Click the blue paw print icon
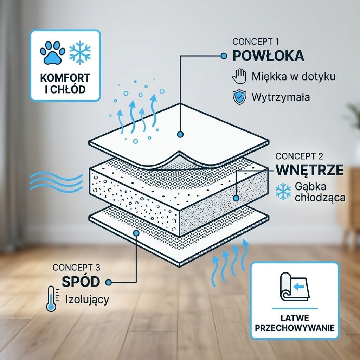click(x=52, y=53)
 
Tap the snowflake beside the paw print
click(x=80, y=53)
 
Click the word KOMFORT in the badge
click(x=65, y=78)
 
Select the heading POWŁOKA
click(x=268, y=56)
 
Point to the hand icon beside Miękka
click(x=239, y=76)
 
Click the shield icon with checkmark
click(x=239, y=97)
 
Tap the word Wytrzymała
click(x=281, y=97)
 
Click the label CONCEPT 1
click(x=256, y=41)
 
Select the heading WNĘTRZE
click(x=309, y=170)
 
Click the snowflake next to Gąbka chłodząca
click(x=283, y=191)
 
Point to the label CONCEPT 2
click(x=299, y=156)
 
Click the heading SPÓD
click(x=81, y=281)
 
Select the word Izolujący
click(x=87, y=300)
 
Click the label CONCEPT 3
click(x=76, y=268)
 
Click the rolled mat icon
click(x=295, y=287)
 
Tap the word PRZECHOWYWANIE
click(x=295, y=328)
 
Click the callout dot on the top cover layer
click(x=180, y=134)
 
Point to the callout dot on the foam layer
click(x=236, y=198)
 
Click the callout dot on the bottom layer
click(x=136, y=233)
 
